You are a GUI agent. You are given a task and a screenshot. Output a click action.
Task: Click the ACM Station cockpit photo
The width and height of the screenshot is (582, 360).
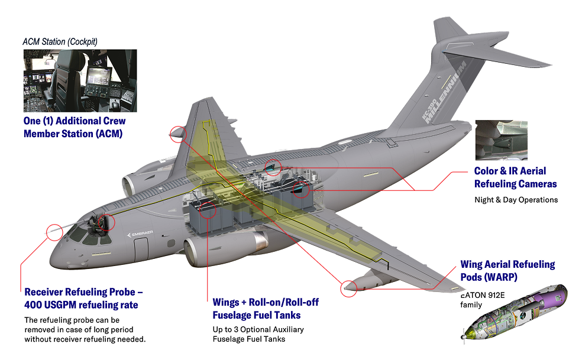click(x=80, y=80)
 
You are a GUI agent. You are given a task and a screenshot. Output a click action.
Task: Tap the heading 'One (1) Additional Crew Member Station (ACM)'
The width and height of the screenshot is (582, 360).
click(x=75, y=127)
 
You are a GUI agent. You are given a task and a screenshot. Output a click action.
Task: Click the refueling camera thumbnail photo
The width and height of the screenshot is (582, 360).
click(x=501, y=140)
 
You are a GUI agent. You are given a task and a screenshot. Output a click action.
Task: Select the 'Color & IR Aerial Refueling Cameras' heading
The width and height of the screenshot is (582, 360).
click(x=515, y=177)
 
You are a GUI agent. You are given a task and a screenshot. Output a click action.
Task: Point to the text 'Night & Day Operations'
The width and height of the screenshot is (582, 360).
click(x=516, y=200)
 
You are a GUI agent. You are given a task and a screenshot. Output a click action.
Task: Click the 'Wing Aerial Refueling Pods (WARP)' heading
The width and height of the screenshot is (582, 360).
click(x=507, y=270)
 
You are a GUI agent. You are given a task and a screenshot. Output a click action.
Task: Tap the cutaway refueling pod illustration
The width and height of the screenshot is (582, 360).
click(x=515, y=313)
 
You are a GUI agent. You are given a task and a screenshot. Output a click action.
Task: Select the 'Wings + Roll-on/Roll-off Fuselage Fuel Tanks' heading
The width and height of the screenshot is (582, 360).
click(x=266, y=309)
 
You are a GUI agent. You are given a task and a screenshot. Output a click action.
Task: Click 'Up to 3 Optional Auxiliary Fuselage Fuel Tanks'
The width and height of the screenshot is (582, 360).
click(x=258, y=334)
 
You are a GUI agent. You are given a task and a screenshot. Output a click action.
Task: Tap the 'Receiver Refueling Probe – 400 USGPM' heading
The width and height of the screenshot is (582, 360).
click(x=83, y=298)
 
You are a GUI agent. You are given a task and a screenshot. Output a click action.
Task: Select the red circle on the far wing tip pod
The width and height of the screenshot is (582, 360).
click(x=177, y=134)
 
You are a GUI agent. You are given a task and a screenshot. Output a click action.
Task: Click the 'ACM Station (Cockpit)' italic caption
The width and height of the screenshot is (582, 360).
click(x=60, y=41)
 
